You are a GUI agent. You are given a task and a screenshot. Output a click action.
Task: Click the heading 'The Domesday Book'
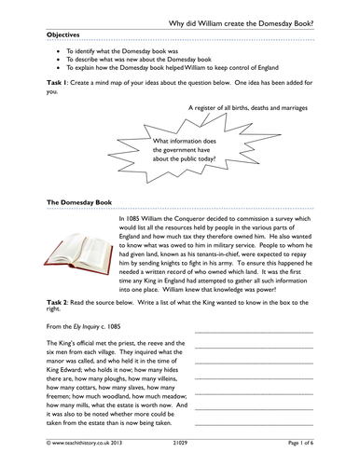tap(78, 201)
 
